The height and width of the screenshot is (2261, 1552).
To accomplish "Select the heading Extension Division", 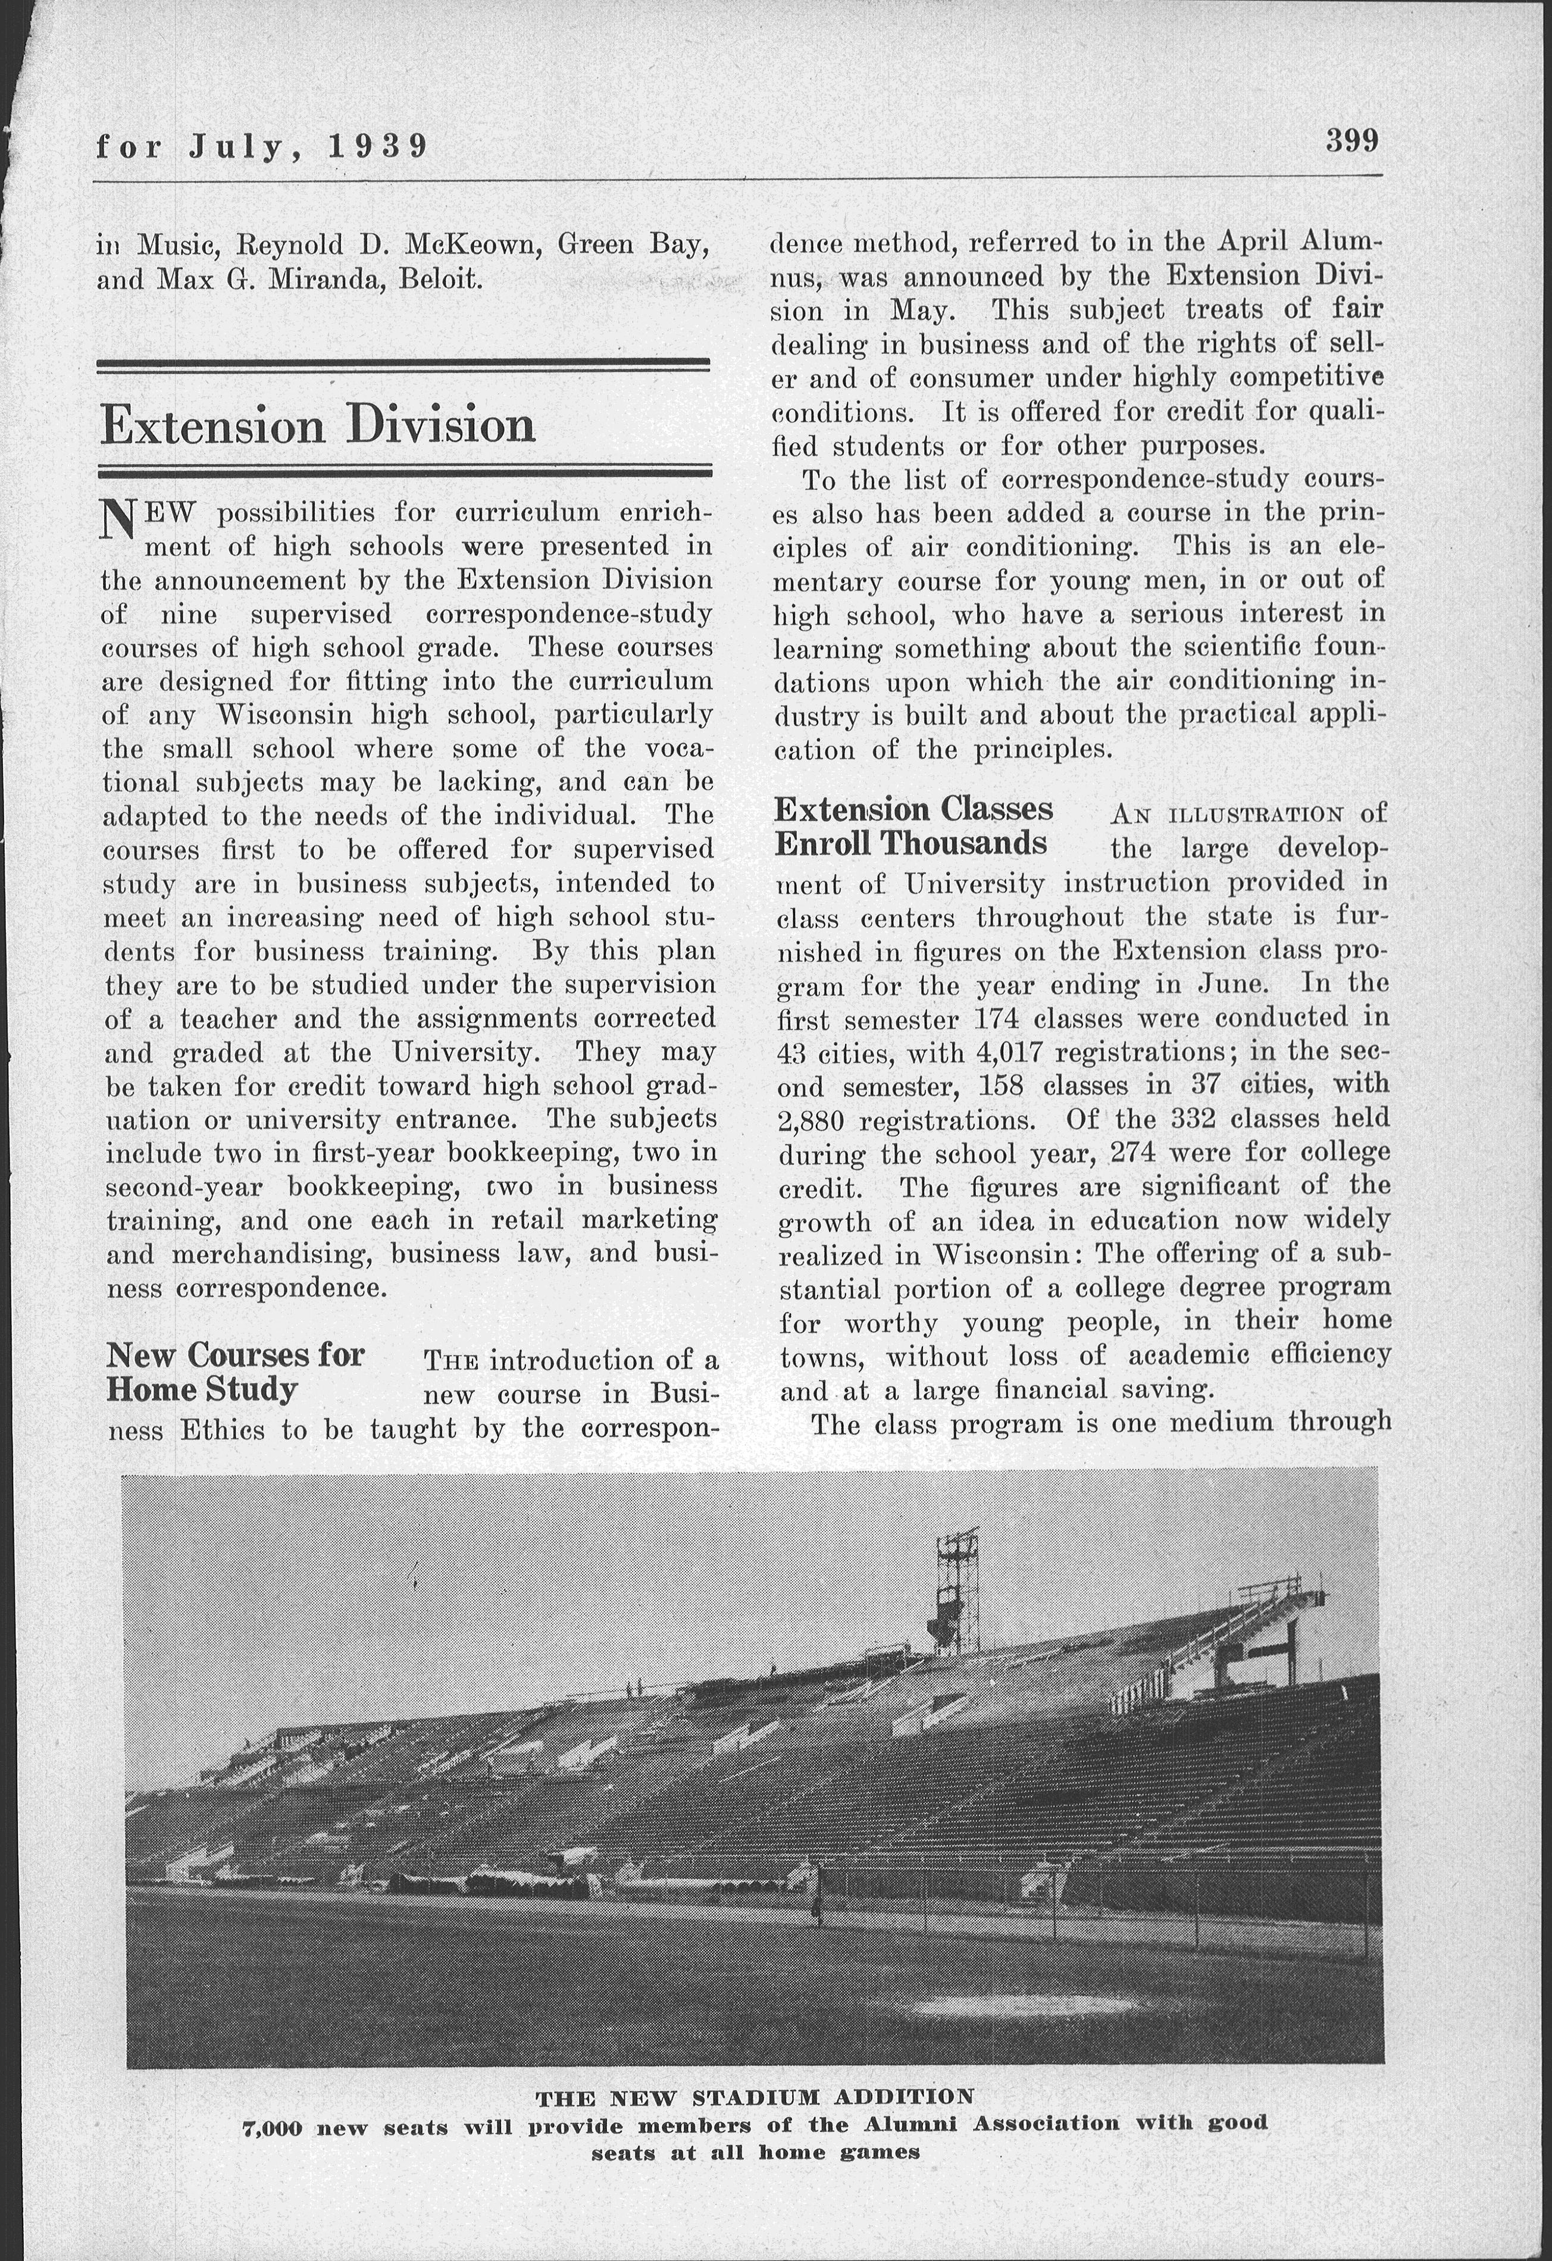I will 318,425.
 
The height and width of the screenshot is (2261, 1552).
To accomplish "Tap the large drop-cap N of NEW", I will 118,521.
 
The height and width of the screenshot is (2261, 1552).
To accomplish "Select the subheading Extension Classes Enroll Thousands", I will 913,826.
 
